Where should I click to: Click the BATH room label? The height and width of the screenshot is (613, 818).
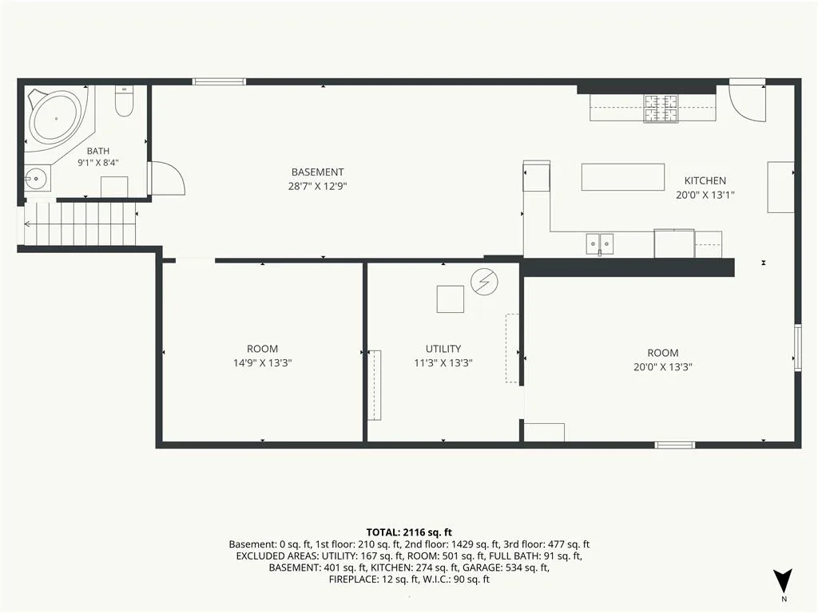click(98, 151)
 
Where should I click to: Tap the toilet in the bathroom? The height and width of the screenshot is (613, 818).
click(124, 101)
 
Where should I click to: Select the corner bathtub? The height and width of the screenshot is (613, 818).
click(58, 121)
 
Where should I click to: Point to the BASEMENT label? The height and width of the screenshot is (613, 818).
click(317, 172)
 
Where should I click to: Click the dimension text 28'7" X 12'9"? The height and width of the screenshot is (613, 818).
click(317, 186)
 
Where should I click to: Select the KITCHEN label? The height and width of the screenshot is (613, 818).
click(705, 181)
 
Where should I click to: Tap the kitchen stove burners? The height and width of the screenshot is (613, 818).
click(661, 109)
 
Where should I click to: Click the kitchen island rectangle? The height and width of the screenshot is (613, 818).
click(623, 176)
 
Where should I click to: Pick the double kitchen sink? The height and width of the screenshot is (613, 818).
click(599, 243)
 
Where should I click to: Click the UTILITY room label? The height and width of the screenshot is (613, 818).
click(443, 349)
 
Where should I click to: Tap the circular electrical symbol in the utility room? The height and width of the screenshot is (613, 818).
click(484, 282)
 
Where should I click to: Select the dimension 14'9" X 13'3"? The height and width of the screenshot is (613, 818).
click(262, 363)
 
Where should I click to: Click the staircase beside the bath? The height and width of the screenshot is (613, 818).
click(81, 224)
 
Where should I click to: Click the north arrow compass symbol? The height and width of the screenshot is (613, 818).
click(783, 581)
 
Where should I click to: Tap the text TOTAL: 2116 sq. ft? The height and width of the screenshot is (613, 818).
click(409, 532)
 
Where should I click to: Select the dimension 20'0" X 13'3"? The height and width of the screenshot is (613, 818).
click(662, 367)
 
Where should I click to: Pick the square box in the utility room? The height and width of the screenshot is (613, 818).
click(451, 299)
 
